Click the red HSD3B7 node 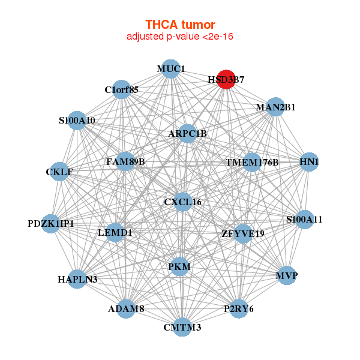pos(226,79)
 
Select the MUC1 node pos(171,68)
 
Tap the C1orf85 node pos(122,89)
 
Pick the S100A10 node pos(77,120)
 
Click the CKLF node pos(59,172)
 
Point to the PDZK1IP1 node pos(51,223)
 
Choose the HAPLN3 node pos(77,278)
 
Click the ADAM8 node pos(126,308)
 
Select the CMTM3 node pos(182,327)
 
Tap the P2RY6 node pos(239,308)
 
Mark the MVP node pos(287,275)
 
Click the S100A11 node pos(305,219)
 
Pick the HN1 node pos(309,161)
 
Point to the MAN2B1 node pos(275,107)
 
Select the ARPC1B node pos(187,133)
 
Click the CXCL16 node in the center pos(182,202)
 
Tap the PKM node pos(179,266)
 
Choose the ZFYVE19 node pos(242,233)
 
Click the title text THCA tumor pos(179,25)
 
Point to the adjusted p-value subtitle pos(179,37)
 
